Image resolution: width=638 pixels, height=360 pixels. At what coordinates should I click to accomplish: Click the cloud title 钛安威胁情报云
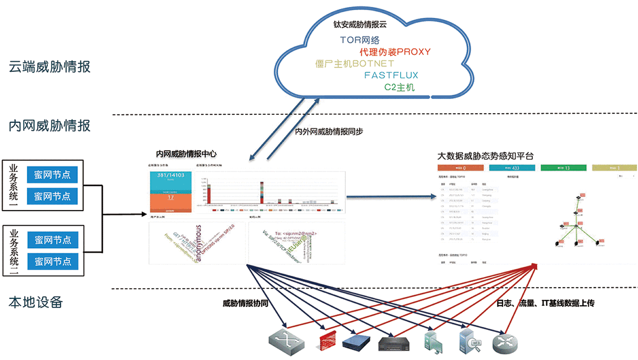360,25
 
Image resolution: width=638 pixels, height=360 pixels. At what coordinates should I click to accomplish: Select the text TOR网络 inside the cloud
360,40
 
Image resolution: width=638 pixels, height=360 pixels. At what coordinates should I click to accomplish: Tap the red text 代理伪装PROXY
395,52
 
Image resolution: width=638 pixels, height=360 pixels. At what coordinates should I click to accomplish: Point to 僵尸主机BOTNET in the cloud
355,64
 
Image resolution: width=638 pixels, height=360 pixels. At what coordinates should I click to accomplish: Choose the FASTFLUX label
391,75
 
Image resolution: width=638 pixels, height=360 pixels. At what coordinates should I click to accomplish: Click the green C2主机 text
399,87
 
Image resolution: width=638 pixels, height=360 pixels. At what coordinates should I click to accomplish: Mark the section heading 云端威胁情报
50,67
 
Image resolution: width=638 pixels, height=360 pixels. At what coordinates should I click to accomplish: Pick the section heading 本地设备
36,302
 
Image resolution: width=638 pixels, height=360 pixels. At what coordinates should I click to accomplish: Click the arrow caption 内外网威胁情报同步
329,131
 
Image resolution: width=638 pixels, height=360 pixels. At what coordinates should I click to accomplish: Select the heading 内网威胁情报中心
186,154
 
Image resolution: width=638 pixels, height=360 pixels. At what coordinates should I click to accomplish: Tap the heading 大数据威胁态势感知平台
485,156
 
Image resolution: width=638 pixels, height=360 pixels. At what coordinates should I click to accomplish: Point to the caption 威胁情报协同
245,303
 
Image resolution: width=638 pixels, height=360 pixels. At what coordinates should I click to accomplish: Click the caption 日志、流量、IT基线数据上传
545,303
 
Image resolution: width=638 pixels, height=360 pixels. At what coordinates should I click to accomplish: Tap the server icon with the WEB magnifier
470,341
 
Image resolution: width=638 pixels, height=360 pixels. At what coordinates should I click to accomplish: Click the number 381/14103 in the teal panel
171,175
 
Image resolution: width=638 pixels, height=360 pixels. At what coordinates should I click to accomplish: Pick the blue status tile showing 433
512,168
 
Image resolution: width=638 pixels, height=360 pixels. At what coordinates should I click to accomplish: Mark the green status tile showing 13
564,168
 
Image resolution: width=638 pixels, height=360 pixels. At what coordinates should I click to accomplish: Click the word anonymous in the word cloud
198,243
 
